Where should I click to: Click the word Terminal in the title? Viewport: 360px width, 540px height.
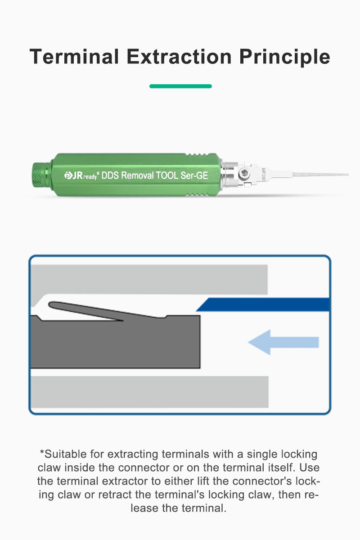[x=74, y=56]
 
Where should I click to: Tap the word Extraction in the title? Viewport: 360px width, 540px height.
[x=179, y=56]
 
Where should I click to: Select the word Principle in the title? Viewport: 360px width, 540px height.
[x=284, y=58]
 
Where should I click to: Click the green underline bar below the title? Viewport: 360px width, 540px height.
[x=180, y=86]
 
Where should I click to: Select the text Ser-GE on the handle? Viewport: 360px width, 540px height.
[x=194, y=175]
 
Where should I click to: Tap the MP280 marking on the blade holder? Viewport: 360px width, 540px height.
[x=263, y=174]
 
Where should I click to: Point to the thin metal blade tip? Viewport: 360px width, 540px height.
[x=321, y=174]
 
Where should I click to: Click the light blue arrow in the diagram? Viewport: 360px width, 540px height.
[x=283, y=342]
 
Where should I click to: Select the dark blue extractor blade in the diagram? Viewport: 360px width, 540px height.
[x=263, y=305]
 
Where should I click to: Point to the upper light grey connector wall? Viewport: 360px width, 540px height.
[x=149, y=279]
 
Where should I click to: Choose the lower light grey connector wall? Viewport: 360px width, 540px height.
[x=149, y=392]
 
